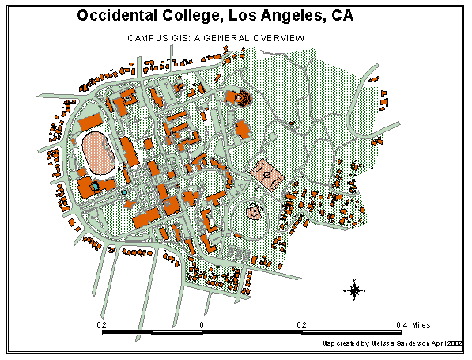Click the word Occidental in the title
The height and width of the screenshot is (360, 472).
pos(118,16)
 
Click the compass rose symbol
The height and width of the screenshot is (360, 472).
pos(355,290)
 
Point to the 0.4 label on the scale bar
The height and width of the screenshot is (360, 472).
pos(401,324)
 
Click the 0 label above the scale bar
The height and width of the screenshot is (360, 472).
pos(202,324)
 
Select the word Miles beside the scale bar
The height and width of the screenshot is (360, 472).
pos(425,324)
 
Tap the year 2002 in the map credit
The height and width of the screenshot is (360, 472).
pos(453,344)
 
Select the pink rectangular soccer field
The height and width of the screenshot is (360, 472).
pos(267,173)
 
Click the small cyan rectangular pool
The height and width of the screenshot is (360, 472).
pos(95,185)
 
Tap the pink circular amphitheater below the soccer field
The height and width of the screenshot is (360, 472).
pos(255,212)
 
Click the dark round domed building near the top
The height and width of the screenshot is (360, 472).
pos(242,98)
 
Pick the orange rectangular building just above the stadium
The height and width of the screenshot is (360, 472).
pos(89,122)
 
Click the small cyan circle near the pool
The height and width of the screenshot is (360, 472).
pos(124,192)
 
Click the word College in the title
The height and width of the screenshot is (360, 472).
pos(195,16)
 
